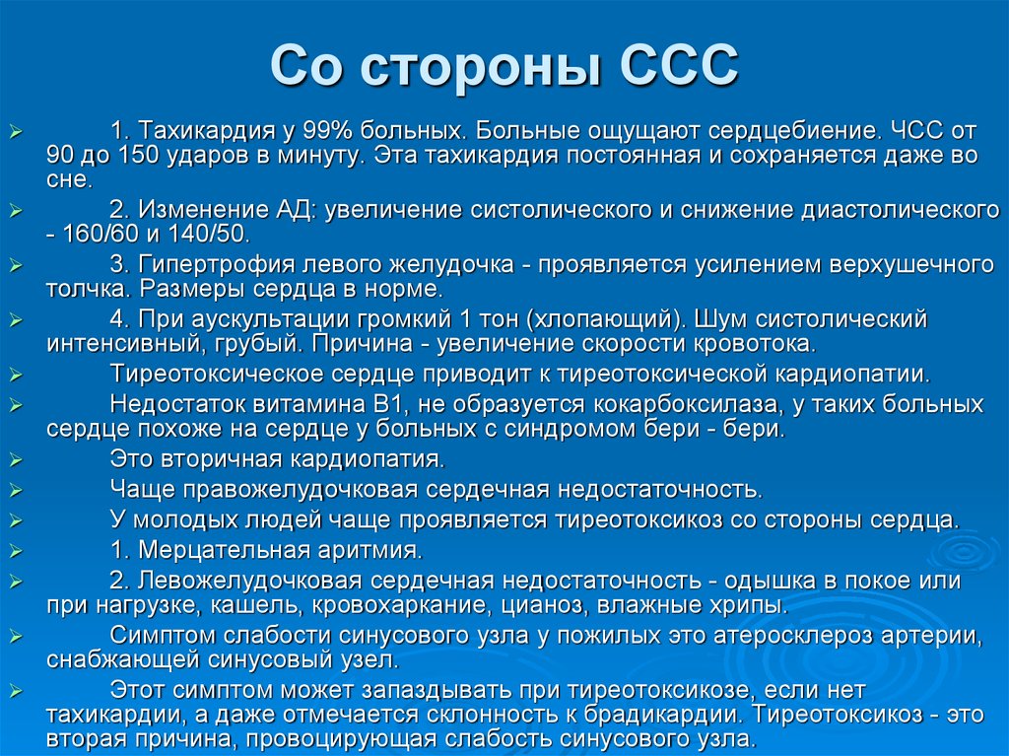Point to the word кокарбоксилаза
click(x=670, y=404)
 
